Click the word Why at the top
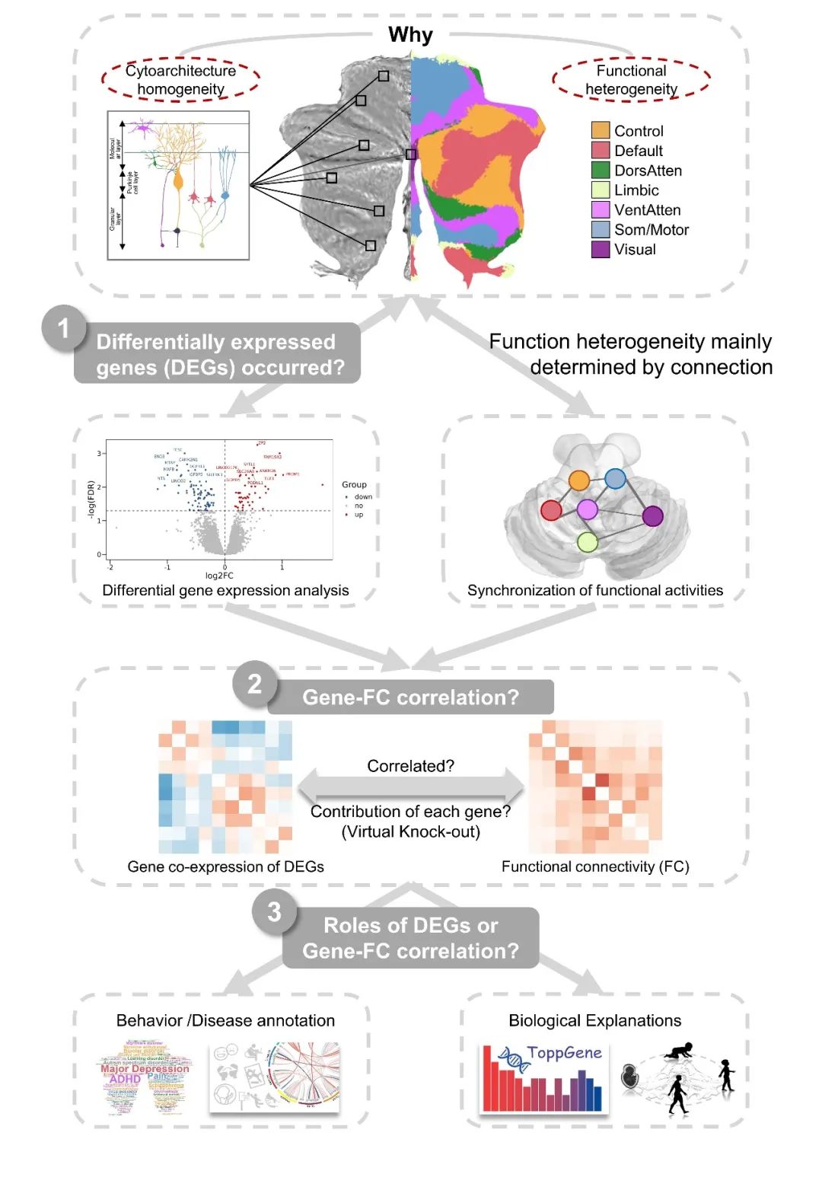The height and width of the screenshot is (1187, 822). point(410,35)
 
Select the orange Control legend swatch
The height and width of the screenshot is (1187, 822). point(601,131)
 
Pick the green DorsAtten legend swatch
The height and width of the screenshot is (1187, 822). point(601,171)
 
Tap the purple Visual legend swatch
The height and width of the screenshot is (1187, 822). point(601,249)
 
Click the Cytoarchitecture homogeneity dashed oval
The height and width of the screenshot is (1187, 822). point(180,79)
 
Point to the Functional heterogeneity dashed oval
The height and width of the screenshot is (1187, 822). point(631,79)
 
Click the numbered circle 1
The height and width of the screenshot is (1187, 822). point(64,328)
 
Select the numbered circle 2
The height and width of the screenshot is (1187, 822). point(255,684)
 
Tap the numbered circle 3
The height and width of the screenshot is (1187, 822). point(275,911)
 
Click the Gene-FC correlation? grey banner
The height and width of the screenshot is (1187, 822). point(410,697)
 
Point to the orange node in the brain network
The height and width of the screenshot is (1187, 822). point(579,480)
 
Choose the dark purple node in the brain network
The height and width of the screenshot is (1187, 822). point(652,516)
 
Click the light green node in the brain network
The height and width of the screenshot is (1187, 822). point(587,542)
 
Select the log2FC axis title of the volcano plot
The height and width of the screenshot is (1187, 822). point(219,576)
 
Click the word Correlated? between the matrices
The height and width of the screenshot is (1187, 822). point(410,766)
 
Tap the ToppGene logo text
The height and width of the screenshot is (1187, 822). point(564,1053)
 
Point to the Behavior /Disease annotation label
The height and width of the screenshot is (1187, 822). point(225,1020)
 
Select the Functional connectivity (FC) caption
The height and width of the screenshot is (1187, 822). point(595,866)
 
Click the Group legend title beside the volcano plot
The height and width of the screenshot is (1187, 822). point(354,484)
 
